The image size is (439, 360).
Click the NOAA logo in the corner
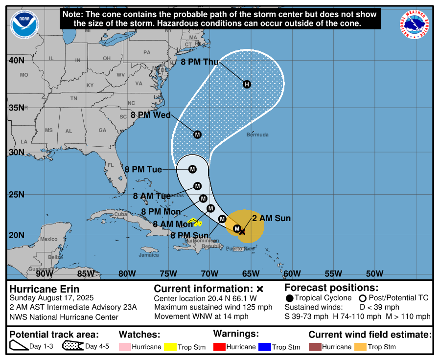[23, 24]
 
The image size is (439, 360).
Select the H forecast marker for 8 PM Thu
[247, 84]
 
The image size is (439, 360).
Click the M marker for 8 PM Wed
[197, 135]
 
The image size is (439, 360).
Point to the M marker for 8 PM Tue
[192, 169]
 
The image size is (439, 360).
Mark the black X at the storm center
[242, 231]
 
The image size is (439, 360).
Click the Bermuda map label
[257, 135]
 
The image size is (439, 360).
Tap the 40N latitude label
[16, 61]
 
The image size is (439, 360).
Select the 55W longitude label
[333, 273]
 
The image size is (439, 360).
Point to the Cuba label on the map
[120, 214]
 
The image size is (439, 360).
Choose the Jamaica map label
[149, 255]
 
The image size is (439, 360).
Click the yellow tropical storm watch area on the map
[196, 222]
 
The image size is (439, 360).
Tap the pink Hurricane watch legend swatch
[125, 347]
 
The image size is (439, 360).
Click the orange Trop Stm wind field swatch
[360, 347]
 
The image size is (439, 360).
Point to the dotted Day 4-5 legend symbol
[72, 346]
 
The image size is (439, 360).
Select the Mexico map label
[48, 239]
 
